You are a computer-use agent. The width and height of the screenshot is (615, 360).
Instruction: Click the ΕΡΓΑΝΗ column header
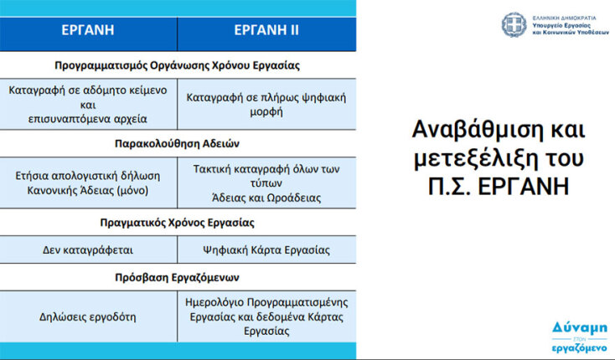[x=88, y=31]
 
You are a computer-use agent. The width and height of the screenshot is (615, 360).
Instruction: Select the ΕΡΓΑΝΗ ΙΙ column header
[x=266, y=31]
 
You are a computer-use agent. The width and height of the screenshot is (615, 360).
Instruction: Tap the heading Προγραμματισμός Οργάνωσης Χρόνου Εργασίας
[x=177, y=64]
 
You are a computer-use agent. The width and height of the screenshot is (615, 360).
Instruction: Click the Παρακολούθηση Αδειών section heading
[x=177, y=143]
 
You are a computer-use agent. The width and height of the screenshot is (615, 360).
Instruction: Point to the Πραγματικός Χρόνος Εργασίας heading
[x=177, y=223]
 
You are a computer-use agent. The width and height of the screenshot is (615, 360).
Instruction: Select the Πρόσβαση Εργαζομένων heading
[x=177, y=276]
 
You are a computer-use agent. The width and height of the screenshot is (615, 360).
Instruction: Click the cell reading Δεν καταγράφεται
[x=88, y=249]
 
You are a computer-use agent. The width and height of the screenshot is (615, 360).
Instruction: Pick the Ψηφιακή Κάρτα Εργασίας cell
[x=266, y=249]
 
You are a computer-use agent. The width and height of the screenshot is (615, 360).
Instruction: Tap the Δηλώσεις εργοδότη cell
[x=88, y=316]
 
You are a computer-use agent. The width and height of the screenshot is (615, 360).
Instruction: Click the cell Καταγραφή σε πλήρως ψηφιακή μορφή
[x=266, y=104]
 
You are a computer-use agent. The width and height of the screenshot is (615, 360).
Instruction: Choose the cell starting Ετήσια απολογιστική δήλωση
[x=88, y=183]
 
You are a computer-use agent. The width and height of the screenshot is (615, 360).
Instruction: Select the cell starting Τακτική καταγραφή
[x=267, y=183]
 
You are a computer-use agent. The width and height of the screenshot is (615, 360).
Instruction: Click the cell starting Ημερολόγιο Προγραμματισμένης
[x=267, y=316]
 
